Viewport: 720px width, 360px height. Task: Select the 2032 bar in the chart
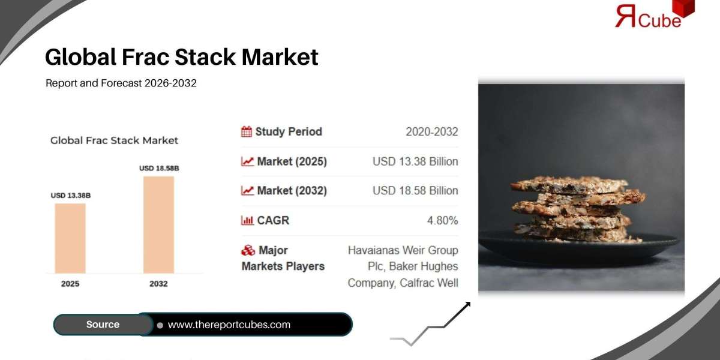click(158, 223)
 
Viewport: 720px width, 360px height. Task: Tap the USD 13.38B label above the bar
click(70, 196)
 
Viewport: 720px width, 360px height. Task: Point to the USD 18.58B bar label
click(159, 169)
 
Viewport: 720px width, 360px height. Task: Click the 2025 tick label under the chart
click(70, 284)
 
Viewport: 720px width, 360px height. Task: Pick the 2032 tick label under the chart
click(158, 284)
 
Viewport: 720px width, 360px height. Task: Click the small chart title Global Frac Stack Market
click(114, 140)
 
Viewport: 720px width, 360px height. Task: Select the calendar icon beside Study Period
click(247, 131)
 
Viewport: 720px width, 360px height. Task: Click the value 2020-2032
click(431, 132)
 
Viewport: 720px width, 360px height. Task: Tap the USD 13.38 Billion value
click(415, 161)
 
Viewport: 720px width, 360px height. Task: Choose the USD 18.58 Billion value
click(415, 191)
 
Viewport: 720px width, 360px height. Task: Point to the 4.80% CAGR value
click(442, 221)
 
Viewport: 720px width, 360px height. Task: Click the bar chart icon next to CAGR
click(247, 221)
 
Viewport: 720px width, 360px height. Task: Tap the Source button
click(103, 325)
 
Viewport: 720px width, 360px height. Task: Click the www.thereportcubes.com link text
click(229, 325)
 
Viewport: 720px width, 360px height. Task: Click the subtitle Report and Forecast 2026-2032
click(121, 83)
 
